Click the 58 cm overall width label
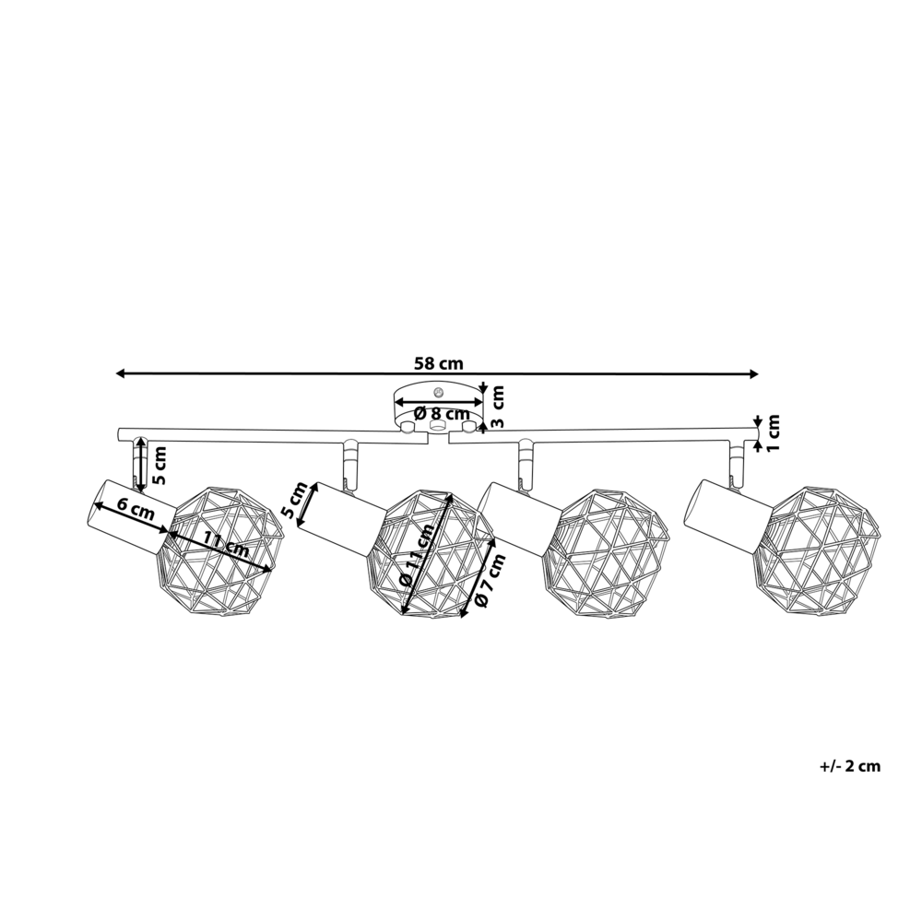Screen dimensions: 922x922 point(438,362)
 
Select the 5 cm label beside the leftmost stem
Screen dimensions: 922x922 point(159,466)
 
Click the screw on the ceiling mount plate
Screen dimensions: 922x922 point(439,391)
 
